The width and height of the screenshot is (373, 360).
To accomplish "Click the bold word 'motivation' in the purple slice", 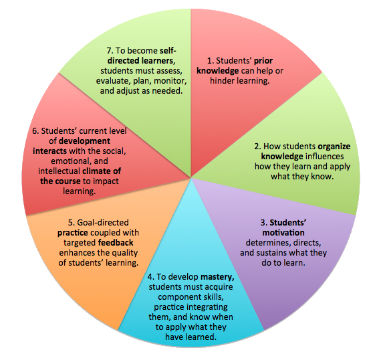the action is pyautogui.click(x=283, y=232).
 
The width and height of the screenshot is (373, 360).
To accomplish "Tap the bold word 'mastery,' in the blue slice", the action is pyautogui.click(x=217, y=277).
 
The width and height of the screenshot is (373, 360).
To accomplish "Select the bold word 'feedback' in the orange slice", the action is pyautogui.click(x=116, y=242).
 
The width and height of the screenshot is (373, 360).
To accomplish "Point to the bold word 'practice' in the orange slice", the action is pyautogui.click(x=73, y=233).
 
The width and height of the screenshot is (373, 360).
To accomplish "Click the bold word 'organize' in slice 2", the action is pyautogui.click(x=334, y=147).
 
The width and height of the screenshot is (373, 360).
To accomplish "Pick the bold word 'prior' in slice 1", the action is pyautogui.click(x=263, y=61).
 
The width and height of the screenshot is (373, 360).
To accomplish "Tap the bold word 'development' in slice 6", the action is pyautogui.click(x=84, y=141).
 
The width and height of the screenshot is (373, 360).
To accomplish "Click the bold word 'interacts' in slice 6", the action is pyautogui.click(x=49, y=151).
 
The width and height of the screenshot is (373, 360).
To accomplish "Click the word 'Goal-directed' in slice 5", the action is pyautogui.click(x=103, y=222).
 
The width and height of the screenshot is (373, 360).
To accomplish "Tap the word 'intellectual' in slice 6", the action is pyautogui.click(x=59, y=171).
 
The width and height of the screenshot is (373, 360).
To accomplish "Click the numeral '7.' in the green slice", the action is pyautogui.click(x=110, y=51).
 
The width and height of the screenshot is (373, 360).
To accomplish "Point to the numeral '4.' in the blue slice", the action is pyautogui.click(x=151, y=277).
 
